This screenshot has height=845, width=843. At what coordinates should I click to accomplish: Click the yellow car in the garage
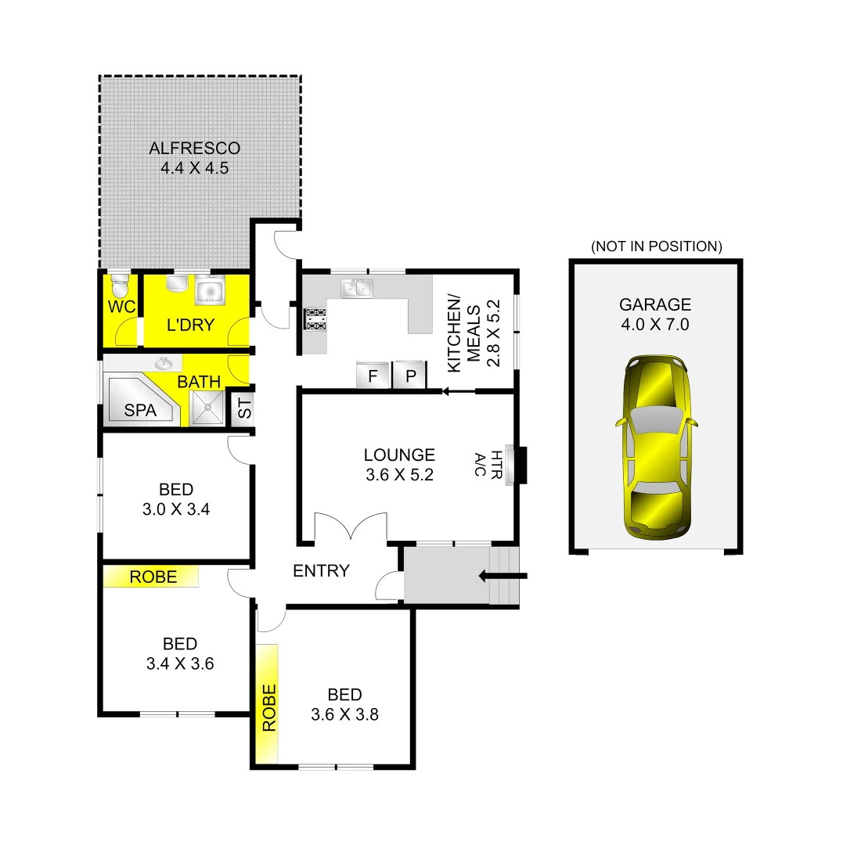point(657,448)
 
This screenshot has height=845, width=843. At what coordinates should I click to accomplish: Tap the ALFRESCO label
point(195,148)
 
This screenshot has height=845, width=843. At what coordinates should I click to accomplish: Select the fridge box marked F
point(373,376)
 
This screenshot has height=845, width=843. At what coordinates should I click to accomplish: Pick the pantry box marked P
point(409,376)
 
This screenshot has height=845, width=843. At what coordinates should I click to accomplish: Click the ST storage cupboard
point(243,408)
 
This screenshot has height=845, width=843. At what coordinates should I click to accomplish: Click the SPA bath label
point(140,410)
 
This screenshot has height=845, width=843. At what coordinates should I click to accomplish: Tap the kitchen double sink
point(356,288)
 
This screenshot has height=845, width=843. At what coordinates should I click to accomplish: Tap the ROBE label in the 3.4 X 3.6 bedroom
point(153,577)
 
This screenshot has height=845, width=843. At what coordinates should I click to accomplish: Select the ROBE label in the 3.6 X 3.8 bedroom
point(268,708)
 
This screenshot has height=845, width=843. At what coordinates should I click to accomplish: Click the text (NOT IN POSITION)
point(656,246)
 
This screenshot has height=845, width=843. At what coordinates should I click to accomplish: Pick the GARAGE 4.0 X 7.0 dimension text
point(654,324)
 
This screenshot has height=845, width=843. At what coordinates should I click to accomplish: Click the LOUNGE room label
point(399,455)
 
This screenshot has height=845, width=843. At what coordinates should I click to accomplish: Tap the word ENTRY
point(321,571)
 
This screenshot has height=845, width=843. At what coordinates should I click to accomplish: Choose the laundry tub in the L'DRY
point(209,289)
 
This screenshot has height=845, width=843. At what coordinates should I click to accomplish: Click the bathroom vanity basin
point(164,363)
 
